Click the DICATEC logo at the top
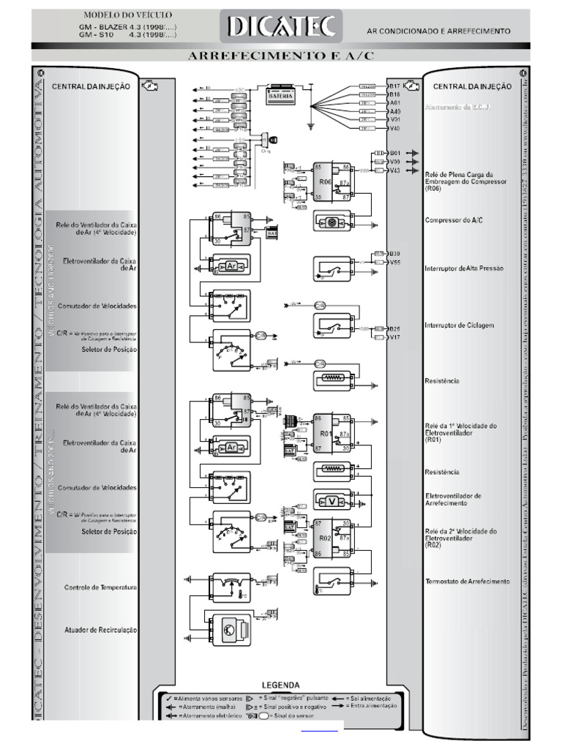click(282, 27)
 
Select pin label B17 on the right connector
click(394, 86)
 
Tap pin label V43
click(394, 170)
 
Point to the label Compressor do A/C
click(454, 219)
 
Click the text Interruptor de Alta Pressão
click(464, 268)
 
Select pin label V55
click(394, 262)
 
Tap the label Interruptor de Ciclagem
click(460, 325)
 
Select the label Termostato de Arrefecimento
click(467, 581)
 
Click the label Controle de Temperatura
click(100, 587)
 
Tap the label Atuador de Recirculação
click(100, 629)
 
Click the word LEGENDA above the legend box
click(280, 685)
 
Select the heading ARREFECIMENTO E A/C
click(281, 56)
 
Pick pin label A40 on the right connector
click(394, 111)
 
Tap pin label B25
click(394, 329)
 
